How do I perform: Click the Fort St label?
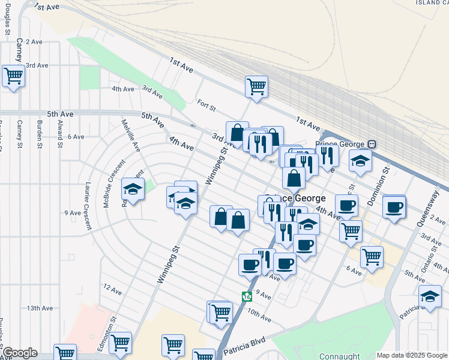(x=206, y=106)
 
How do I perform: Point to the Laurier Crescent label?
(x=88, y=206)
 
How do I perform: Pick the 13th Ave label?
(x=41, y=308)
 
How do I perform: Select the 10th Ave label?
(x=260, y=313)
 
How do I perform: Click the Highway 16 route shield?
(x=246, y=296)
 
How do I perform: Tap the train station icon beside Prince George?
(x=372, y=144)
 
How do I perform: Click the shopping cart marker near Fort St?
(x=256, y=86)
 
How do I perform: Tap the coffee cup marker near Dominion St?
(x=394, y=207)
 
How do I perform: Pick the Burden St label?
(x=40, y=133)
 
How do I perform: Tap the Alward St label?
(x=61, y=133)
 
